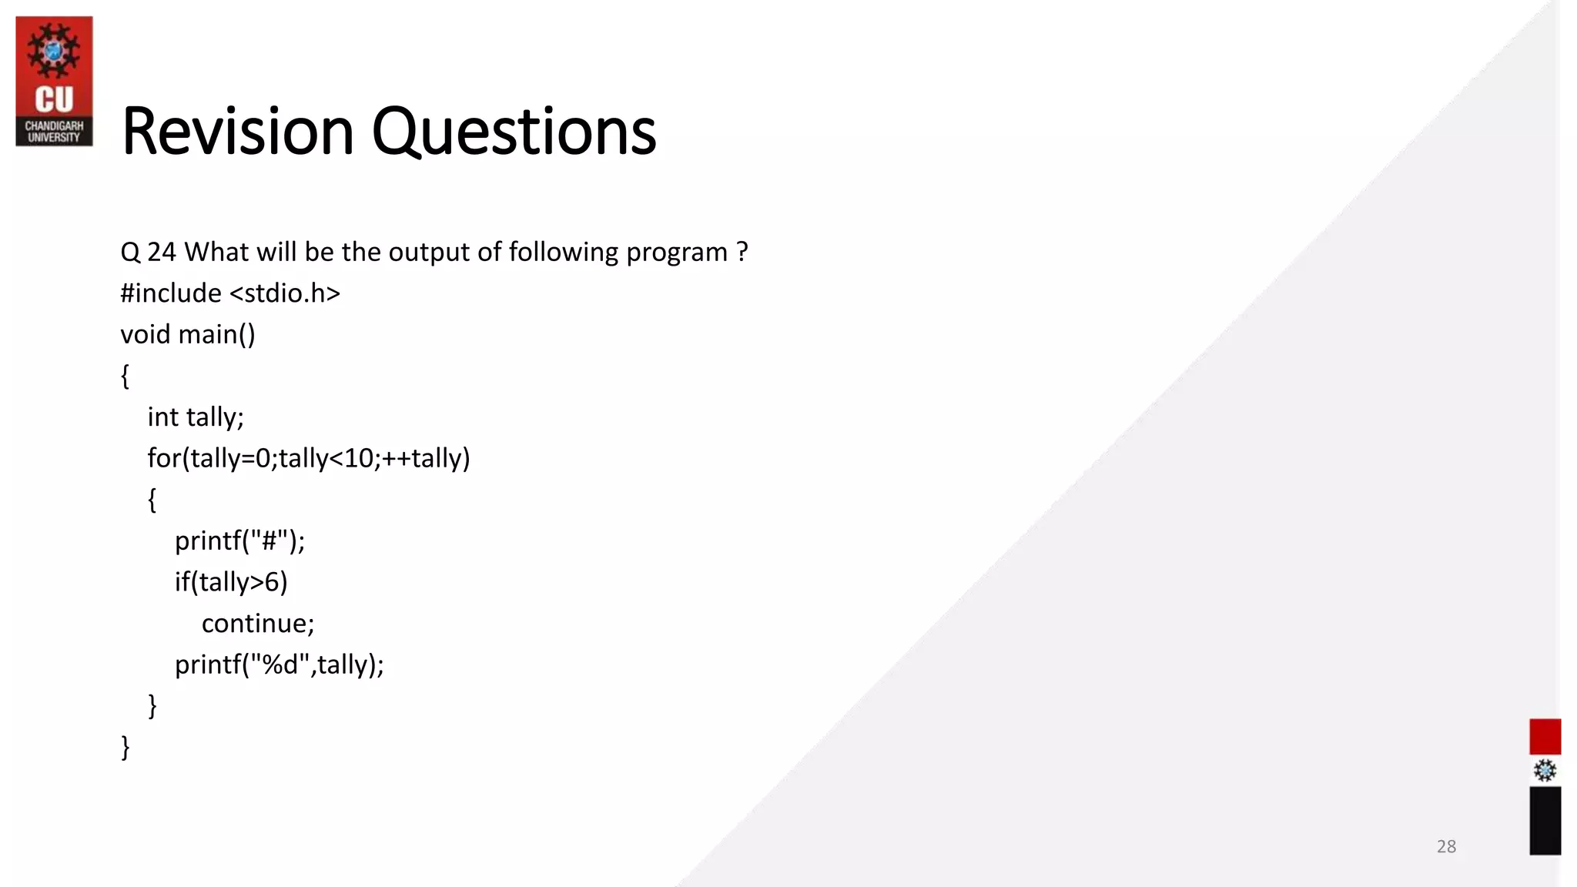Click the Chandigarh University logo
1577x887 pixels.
54,81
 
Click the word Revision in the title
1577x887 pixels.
237,132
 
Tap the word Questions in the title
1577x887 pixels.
514,132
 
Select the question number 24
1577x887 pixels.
161,253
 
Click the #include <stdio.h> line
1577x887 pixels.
229,293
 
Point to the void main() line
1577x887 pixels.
187,335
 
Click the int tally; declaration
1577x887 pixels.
196,417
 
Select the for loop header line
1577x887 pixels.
308,458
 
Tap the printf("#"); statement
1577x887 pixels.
239,541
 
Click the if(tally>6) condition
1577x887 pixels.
231,582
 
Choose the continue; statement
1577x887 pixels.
258,623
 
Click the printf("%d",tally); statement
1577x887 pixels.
279,664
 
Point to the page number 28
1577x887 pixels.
1446,846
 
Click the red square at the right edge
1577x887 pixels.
1544,736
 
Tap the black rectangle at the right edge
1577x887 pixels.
1544,820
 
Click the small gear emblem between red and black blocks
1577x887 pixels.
1544,771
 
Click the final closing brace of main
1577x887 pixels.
126,747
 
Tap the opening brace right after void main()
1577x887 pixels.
125,376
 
